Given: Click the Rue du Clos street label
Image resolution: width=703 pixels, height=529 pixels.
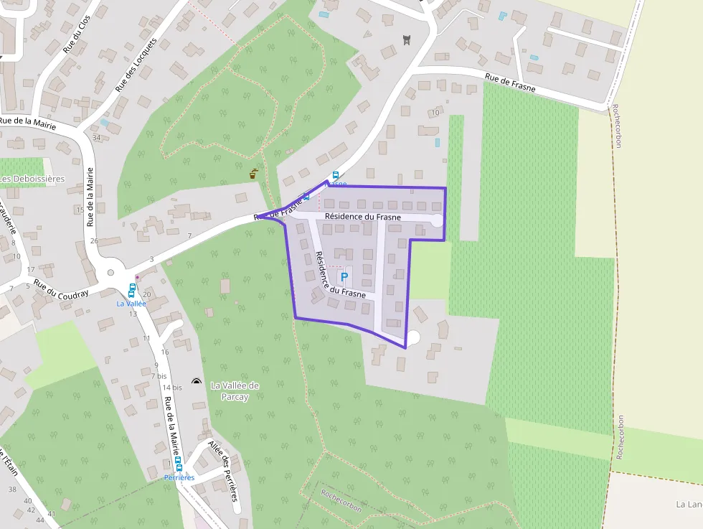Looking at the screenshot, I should pos(74,38).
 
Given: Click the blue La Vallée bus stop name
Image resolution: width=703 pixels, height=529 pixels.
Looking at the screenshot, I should pos(131,304).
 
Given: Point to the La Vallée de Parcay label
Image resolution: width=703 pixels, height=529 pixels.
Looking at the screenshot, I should pos(235,391).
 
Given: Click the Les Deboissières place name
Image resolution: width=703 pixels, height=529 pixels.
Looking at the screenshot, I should pos(32,179).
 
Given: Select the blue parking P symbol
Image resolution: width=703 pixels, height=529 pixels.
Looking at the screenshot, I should pos(344,276).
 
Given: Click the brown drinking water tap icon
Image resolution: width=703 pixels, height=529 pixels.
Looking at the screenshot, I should pos(253,173).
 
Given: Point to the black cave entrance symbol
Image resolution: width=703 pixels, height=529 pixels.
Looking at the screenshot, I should pos(197,380).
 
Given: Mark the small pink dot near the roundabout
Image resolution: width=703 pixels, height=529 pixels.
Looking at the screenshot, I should pos(137,276).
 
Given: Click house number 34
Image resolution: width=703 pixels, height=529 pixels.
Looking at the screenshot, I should pos(96,137).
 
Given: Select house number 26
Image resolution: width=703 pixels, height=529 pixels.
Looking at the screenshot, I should pos(94,240).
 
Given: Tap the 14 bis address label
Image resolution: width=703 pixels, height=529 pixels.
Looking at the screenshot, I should pos(172,388).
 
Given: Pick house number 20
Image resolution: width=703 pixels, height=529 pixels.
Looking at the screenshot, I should pos(146,294).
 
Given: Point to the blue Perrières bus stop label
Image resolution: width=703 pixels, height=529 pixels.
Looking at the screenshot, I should pos(179,477).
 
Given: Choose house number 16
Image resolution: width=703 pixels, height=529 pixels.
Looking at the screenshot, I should pos(164,352).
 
